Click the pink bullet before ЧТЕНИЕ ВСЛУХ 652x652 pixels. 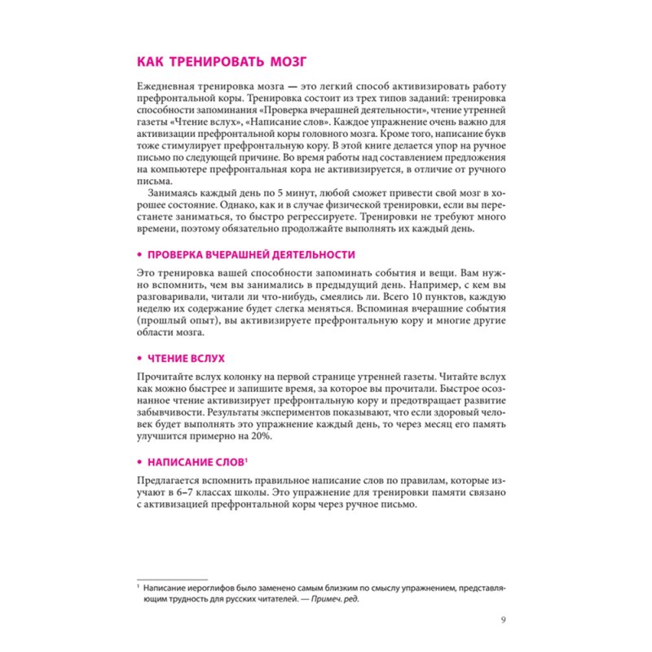click(x=139, y=358)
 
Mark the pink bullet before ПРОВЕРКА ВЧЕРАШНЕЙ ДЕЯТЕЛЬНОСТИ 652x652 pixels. click(x=139, y=254)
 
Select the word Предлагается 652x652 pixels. click(x=170, y=480)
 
